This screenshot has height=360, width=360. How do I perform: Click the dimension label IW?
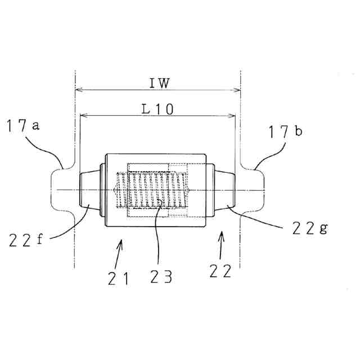coord(159,83)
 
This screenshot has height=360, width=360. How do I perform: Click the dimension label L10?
coord(157,110)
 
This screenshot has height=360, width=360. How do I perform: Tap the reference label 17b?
coord(285,132)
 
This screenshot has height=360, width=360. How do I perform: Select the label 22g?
coord(309,228)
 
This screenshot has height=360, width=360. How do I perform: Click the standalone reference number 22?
coord(220,272)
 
